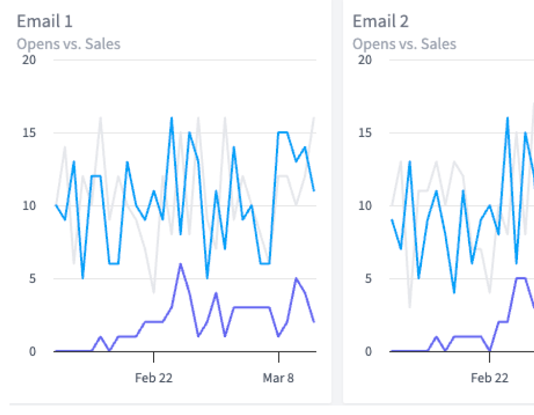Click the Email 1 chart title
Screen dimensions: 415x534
tap(44, 22)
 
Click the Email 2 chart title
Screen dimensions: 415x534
tap(380, 22)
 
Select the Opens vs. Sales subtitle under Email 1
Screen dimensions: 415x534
tap(68, 44)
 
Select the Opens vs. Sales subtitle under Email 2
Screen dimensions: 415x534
tap(404, 44)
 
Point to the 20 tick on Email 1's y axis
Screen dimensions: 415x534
tap(28, 60)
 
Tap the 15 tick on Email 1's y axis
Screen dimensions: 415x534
tap(28, 133)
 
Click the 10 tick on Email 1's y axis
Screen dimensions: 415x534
tap(28, 206)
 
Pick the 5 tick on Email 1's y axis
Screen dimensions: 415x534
tap(33, 279)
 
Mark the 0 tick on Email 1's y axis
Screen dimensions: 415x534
tap(33, 352)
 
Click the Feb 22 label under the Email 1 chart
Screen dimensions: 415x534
tap(154, 378)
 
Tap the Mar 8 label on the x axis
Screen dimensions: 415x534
tap(278, 378)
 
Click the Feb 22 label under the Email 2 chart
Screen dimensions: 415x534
tap(490, 378)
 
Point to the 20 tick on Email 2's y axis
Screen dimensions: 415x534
tap(364, 60)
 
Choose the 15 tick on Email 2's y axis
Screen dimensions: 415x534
tap(364, 133)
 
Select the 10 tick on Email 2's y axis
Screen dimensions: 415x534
tap(364, 206)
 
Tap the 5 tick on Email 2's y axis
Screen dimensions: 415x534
tap(368, 279)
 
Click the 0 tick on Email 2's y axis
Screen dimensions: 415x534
tap(368, 352)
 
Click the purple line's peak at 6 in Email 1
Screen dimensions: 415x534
tap(180, 264)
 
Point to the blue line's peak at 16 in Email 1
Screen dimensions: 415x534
tap(171, 118)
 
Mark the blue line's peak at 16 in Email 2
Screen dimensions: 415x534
tap(507, 118)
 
